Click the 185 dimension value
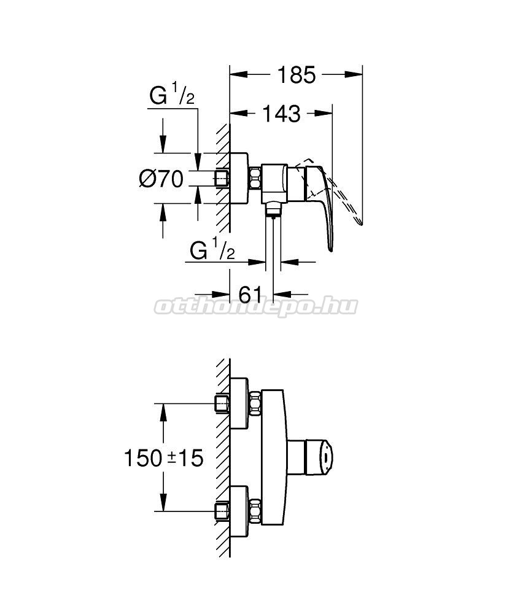click(x=297, y=75)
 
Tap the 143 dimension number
click(x=282, y=114)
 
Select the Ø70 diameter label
click(x=161, y=179)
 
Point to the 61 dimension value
click(x=250, y=294)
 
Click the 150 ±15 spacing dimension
click(x=164, y=457)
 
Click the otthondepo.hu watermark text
click(x=256, y=306)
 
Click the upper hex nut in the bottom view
click(x=255, y=403)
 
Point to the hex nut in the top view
click(x=255, y=178)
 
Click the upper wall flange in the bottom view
click(x=239, y=403)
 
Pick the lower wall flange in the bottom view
click(x=239, y=511)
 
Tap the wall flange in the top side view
click(x=239, y=178)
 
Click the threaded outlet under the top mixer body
click(x=273, y=209)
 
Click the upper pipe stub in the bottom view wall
click(x=222, y=403)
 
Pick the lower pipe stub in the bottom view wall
click(x=222, y=511)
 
